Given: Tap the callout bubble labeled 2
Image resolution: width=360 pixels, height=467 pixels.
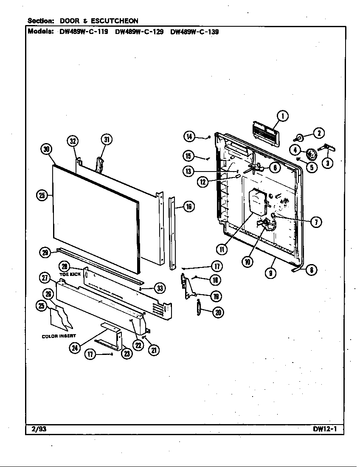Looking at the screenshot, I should click(x=318, y=133).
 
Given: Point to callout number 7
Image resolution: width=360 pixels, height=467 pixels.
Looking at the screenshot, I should click(x=316, y=222).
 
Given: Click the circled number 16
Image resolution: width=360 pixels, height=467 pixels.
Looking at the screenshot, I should click(x=188, y=207).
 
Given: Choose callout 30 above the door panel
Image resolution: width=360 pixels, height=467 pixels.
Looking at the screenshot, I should click(x=46, y=149).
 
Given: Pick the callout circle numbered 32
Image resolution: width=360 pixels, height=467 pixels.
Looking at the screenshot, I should click(x=73, y=141).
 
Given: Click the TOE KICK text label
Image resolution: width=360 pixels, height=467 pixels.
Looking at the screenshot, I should click(x=70, y=274).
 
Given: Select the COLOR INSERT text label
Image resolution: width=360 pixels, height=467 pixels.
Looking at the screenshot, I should click(x=59, y=336).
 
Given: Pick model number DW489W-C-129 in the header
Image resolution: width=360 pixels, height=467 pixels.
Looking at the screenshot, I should click(x=139, y=31).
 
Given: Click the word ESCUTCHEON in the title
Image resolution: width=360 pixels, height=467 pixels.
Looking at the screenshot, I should click(x=114, y=20).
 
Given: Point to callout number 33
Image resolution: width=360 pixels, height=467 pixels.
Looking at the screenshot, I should click(x=159, y=288).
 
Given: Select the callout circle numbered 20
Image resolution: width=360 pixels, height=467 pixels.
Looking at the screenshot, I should click(x=218, y=312).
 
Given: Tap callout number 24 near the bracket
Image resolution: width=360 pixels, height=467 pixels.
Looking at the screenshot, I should click(x=75, y=348).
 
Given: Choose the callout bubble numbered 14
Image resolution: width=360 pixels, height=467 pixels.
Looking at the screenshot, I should click(x=189, y=136).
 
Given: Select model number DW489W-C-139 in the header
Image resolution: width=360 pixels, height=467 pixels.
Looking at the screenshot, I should click(x=194, y=31).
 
